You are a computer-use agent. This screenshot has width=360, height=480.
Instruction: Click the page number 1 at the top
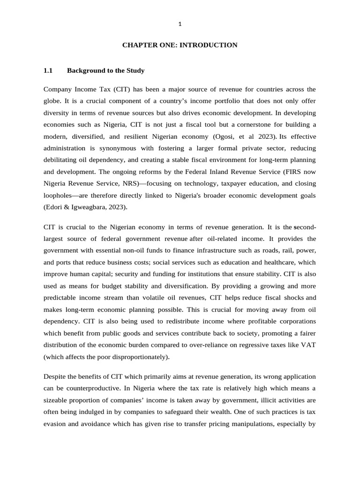click(180, 24)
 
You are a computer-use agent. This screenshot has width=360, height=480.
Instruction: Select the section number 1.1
click(48, 71)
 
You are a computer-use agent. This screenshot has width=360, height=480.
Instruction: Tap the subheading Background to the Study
click(105, 71)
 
